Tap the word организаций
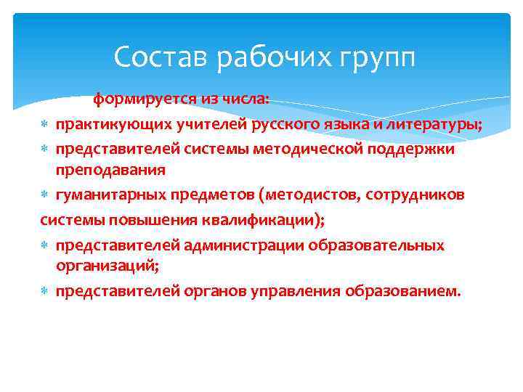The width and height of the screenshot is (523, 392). pyautogui.click(x=106, y=266)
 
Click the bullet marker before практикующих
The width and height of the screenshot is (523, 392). pyautogui.click(x=46, y=125)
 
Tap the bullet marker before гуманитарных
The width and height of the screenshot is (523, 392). pyautogui.click(x=46, y=195)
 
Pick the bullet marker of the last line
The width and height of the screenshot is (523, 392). pyautogui.click(x=46, y=292)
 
